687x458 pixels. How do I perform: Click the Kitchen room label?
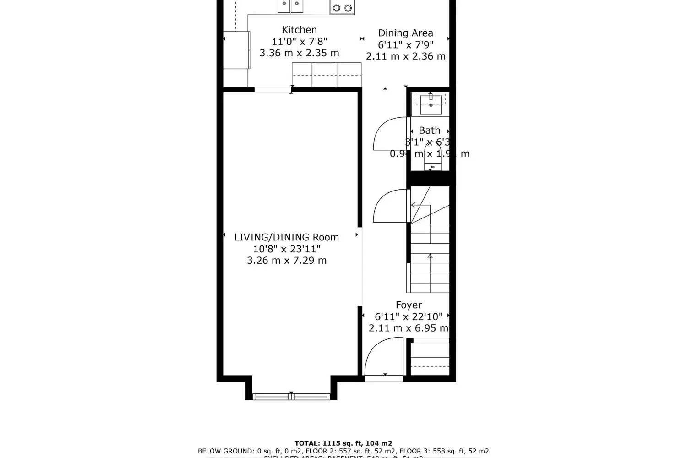299,30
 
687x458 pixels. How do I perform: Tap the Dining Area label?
405,33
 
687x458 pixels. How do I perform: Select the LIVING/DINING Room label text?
287,237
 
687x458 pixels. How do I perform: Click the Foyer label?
409,305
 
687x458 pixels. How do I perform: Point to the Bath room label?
429,131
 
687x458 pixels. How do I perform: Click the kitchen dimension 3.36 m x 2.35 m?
299,53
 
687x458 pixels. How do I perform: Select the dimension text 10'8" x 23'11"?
287,249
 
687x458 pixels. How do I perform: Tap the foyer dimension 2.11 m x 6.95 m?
408,328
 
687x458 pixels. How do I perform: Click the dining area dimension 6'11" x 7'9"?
405,45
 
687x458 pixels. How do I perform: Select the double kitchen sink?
290,6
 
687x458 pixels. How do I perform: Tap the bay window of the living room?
291,396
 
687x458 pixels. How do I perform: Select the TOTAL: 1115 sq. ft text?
343,443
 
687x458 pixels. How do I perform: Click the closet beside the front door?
430,357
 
